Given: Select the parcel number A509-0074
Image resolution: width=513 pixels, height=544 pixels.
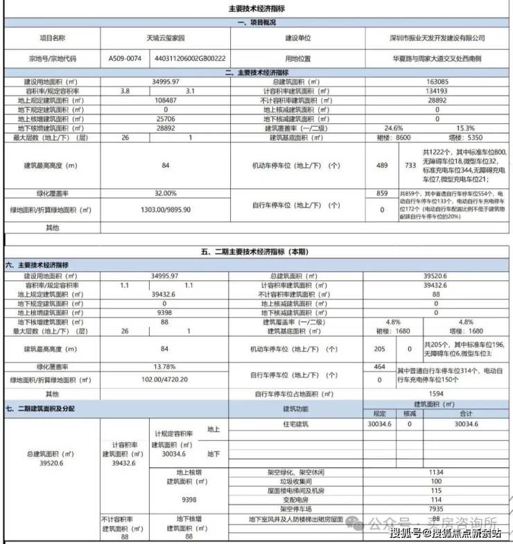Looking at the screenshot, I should [x=125, y=59].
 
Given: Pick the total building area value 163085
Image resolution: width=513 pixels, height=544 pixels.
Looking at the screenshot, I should [x=436, y=82].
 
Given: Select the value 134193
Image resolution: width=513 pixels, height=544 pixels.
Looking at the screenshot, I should [x=436, y=91].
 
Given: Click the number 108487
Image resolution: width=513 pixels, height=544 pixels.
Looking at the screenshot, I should [x=166, y=100].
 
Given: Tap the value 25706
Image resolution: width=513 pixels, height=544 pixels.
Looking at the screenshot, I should [x=166, y=118].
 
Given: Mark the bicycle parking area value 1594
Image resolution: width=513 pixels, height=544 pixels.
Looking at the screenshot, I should [x=436, y=394].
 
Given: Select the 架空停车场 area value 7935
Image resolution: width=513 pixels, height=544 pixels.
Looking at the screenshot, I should [x=436, y=508].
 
